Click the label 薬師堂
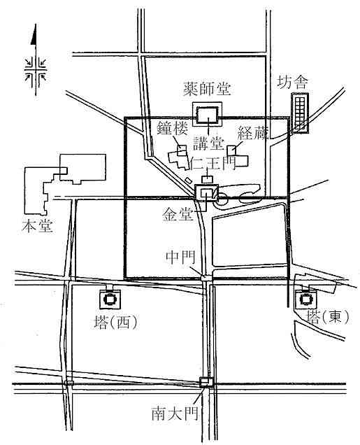click(207, 89)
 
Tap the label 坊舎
click(292, 83)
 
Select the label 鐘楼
click(173, 129)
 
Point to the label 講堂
click(208, 143)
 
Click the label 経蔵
click(252, 133)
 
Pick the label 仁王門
click(214, 162)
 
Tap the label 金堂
click(178, 215)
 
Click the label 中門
click(180, 257)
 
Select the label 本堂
click(38, 226)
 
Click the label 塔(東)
click(329, 317)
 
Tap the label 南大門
click(175, 414)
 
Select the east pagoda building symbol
click(306, 299)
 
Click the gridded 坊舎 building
click(300, 113)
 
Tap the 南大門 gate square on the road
click(206, 382)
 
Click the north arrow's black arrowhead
click(34, 34)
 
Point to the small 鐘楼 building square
click(182, 150)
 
